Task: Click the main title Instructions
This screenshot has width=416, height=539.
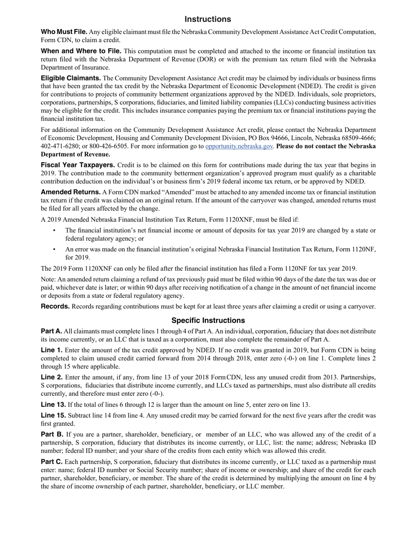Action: coord(208,19)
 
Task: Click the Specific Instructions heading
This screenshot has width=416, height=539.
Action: coord(208,320)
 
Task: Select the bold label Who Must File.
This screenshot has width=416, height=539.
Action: coord(64,32)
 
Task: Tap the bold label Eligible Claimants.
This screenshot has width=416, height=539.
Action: coord(71,78)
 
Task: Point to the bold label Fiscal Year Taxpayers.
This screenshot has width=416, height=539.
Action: coord(78,165)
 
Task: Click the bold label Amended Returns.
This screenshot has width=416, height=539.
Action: coord(71,192)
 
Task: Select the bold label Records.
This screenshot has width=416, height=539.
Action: coord(55,307)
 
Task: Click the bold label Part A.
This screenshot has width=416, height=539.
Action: coord(51,331)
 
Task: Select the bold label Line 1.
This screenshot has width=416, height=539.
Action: coord(52,350)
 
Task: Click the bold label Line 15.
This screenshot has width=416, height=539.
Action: coord(53,415)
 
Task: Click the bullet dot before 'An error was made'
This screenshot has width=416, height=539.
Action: coord(54,249)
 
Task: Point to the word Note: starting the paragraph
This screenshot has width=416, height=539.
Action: coord(49,280)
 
